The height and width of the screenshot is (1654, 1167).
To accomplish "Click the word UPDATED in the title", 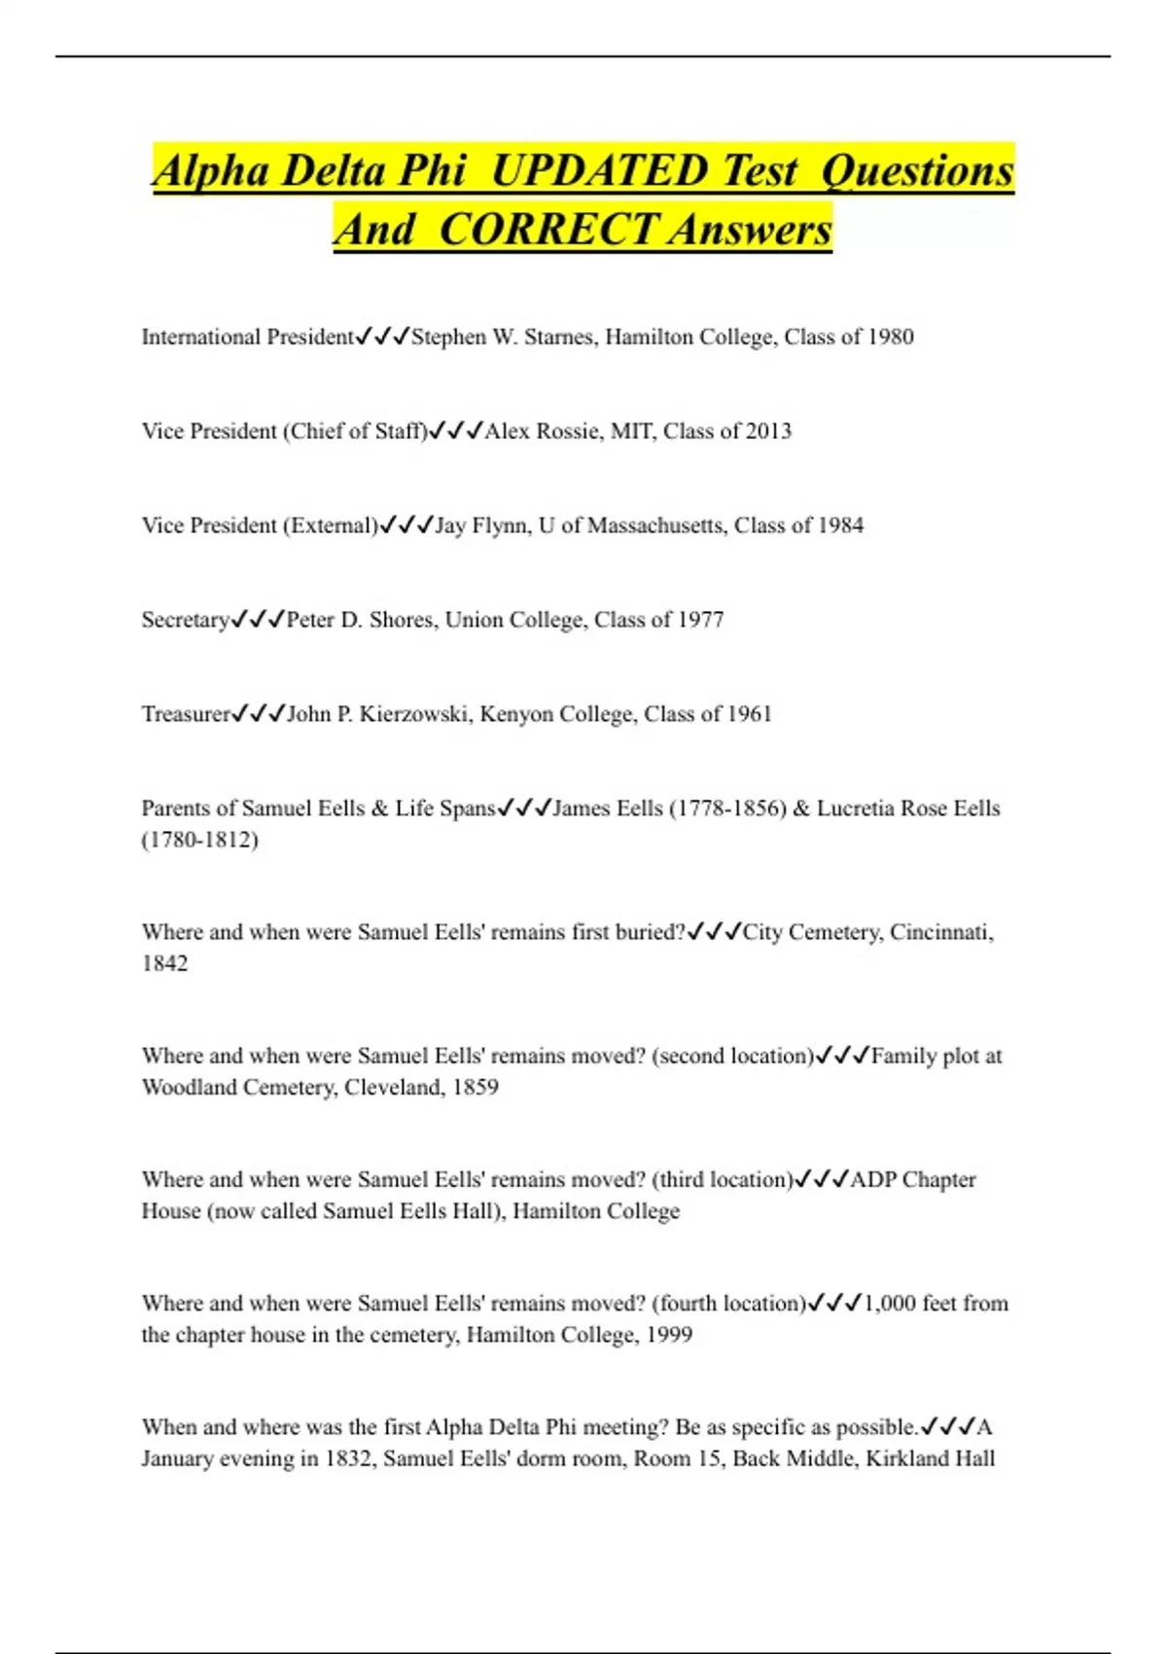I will [599, 171].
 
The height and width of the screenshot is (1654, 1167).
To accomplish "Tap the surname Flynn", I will [501, 525].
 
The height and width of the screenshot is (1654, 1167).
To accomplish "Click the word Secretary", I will [185, 620].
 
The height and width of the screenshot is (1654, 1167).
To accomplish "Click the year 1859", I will [476, 1087].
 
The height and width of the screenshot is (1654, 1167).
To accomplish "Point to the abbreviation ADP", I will [872, 1179].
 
